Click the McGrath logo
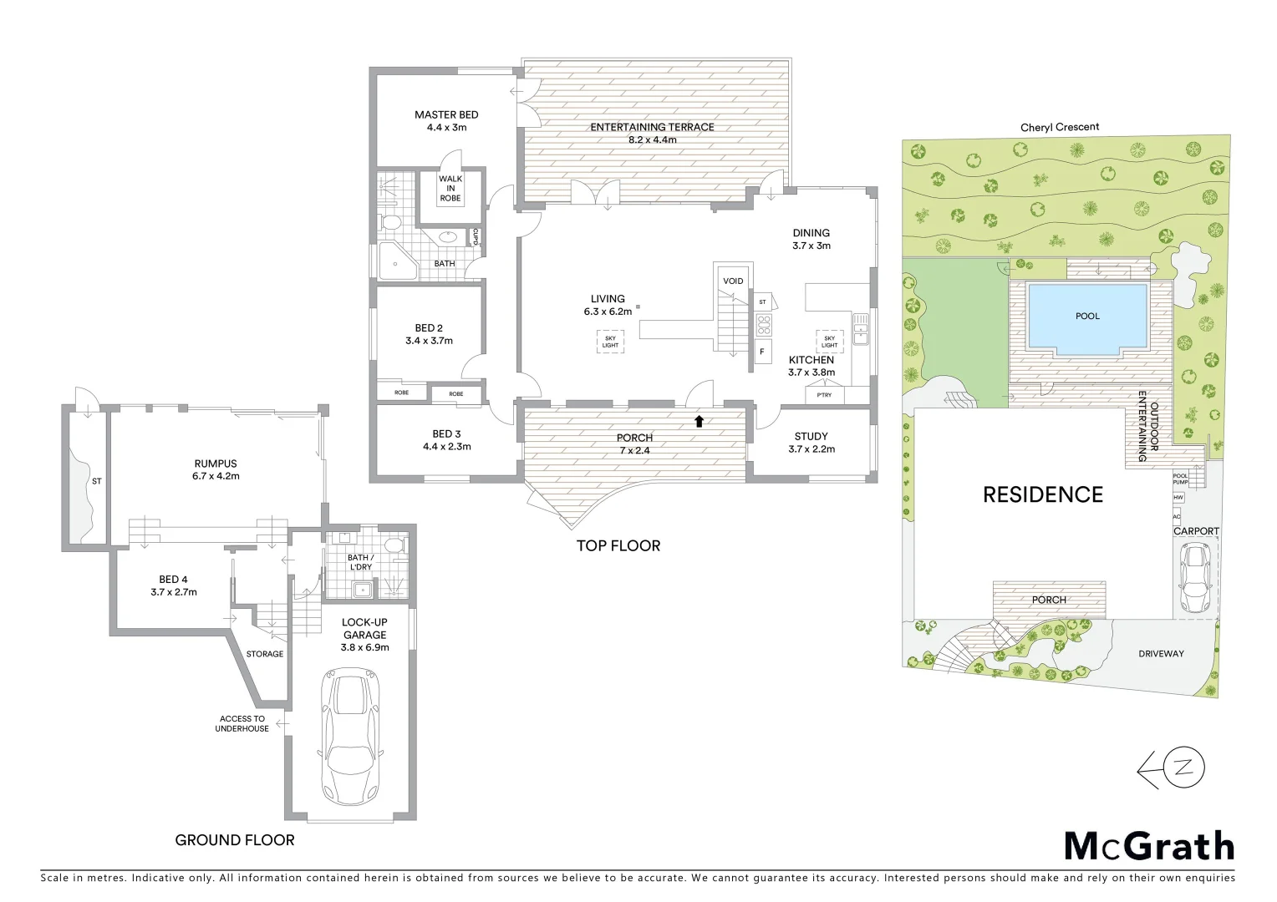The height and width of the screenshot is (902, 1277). click(x=1148, y=846)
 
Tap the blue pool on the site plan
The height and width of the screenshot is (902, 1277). click(x=1087, y=317)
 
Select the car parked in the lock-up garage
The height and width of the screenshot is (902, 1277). click(x=351, y=736)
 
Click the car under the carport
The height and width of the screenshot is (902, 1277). click(x=1195, y=577)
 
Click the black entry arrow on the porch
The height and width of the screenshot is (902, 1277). click(x=699, y=421)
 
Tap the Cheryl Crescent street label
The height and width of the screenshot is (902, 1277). click(x=1060, y=128)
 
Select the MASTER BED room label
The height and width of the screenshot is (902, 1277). click(x=446, y=115)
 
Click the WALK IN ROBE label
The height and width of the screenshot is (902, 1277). click(x=450, y=189)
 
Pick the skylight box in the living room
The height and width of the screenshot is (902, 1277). click(x=610, y=342)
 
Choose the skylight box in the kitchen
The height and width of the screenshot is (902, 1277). click(x=829, y=342)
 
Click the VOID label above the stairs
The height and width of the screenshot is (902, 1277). click(x=733, y=281)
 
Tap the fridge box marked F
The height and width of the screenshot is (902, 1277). click(x=762, y=352)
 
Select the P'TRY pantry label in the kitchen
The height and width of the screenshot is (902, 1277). click(x=823, y=395)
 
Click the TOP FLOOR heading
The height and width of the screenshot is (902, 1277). click(x=618, y=546)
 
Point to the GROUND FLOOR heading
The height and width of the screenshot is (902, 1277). click(x=234, y=840)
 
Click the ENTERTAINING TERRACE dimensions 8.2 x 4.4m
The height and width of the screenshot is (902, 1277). click(x=652, y=140)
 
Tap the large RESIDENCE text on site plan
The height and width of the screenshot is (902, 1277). click(x=1042, y=495)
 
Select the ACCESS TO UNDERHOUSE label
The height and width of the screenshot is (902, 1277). click(x=242, y=723)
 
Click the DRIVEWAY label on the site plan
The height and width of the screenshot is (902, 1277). click(x=1161, y=654)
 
